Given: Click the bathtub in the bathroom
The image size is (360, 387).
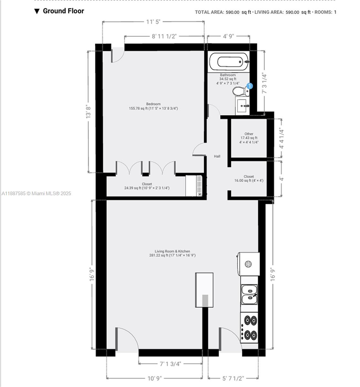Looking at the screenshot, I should [229, 61].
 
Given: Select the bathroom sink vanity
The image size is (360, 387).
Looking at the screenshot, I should [243, 105].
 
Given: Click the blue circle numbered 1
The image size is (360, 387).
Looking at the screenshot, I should [250, 86].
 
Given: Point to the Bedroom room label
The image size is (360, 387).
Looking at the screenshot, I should [153, 104].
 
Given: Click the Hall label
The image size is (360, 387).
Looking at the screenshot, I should [217, 156].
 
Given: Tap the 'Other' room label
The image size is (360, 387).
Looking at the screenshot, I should [249, 134].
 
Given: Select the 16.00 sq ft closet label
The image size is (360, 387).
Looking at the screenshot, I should [249, 179].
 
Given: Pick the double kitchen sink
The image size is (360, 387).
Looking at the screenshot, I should [249, 294].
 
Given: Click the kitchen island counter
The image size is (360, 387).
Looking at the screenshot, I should [204, 290].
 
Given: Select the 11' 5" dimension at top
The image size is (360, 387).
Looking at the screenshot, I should [153, 22].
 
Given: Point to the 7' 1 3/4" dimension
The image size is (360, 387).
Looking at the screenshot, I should [170, 364].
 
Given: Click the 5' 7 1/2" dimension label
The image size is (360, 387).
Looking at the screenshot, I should [233, 378].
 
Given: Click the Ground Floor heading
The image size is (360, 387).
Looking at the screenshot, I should [63, 11].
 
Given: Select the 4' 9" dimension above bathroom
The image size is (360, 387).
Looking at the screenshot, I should [228, 36].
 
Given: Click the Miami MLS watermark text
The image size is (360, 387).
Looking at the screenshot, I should [36, 193].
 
